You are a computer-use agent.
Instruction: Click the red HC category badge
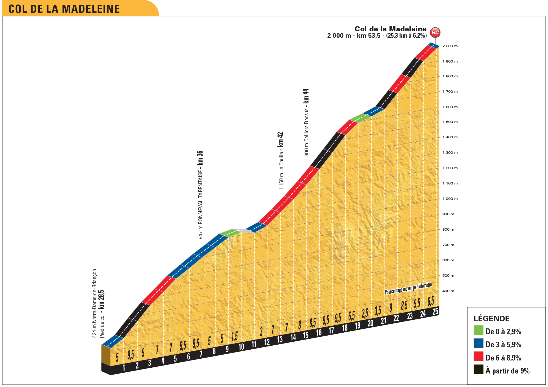pyautogui.click(x=435, y=33)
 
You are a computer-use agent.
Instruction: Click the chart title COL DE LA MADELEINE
pyautogui.click(x=64, y=9)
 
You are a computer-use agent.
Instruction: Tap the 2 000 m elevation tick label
pyautogui.click(x=450, y=46)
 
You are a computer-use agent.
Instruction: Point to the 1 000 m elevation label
pyautogui.click(x=450, y=199)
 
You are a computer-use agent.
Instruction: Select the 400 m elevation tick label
pyautogui.click(x=448, y=291)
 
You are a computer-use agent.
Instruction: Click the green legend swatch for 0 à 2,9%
pyautogui.click(x=478, y=330)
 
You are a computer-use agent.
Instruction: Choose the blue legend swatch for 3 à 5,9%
pyautogui.click(x=478, y=343)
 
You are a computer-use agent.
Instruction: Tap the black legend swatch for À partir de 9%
pyautogui.click(x=478, y=370)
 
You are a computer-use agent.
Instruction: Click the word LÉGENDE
pyautogui.click(x=492, y=318)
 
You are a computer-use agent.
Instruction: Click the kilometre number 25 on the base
pyautogui.click(x=435, y=311)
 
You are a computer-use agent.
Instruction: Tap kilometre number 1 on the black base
pyautogui.click(x=124, y=368)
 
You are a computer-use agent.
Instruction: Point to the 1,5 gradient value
pyautogui.click(x=234, y=337)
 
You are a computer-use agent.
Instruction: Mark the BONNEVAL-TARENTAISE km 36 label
pyautogui.click(x=201, y=195)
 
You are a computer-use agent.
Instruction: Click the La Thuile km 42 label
pyautogui.click(x=281, y=161)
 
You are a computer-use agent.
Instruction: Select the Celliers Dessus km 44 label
pyautogui.click(x=306, y=124)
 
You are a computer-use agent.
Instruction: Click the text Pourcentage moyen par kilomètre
pyautogui.click(x=408, y=289)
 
